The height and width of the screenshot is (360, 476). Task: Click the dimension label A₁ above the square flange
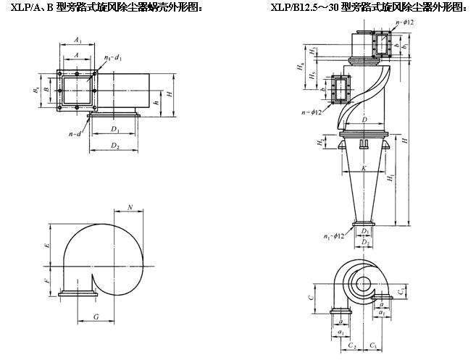point(78,41)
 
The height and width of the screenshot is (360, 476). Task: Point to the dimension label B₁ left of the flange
point(36,91)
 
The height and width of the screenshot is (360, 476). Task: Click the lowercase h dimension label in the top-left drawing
point(156,103)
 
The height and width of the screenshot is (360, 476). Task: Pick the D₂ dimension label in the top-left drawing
point(114,146)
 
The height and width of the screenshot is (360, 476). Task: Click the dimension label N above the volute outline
point(130,208)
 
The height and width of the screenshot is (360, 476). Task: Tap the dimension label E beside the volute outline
point(46,246)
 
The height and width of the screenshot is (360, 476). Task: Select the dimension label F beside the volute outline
point(46,280)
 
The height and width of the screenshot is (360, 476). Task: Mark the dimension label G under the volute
point(96,317)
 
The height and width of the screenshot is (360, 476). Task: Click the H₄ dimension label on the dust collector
point(300,67)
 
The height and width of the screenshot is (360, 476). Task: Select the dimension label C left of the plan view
point(310,297)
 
